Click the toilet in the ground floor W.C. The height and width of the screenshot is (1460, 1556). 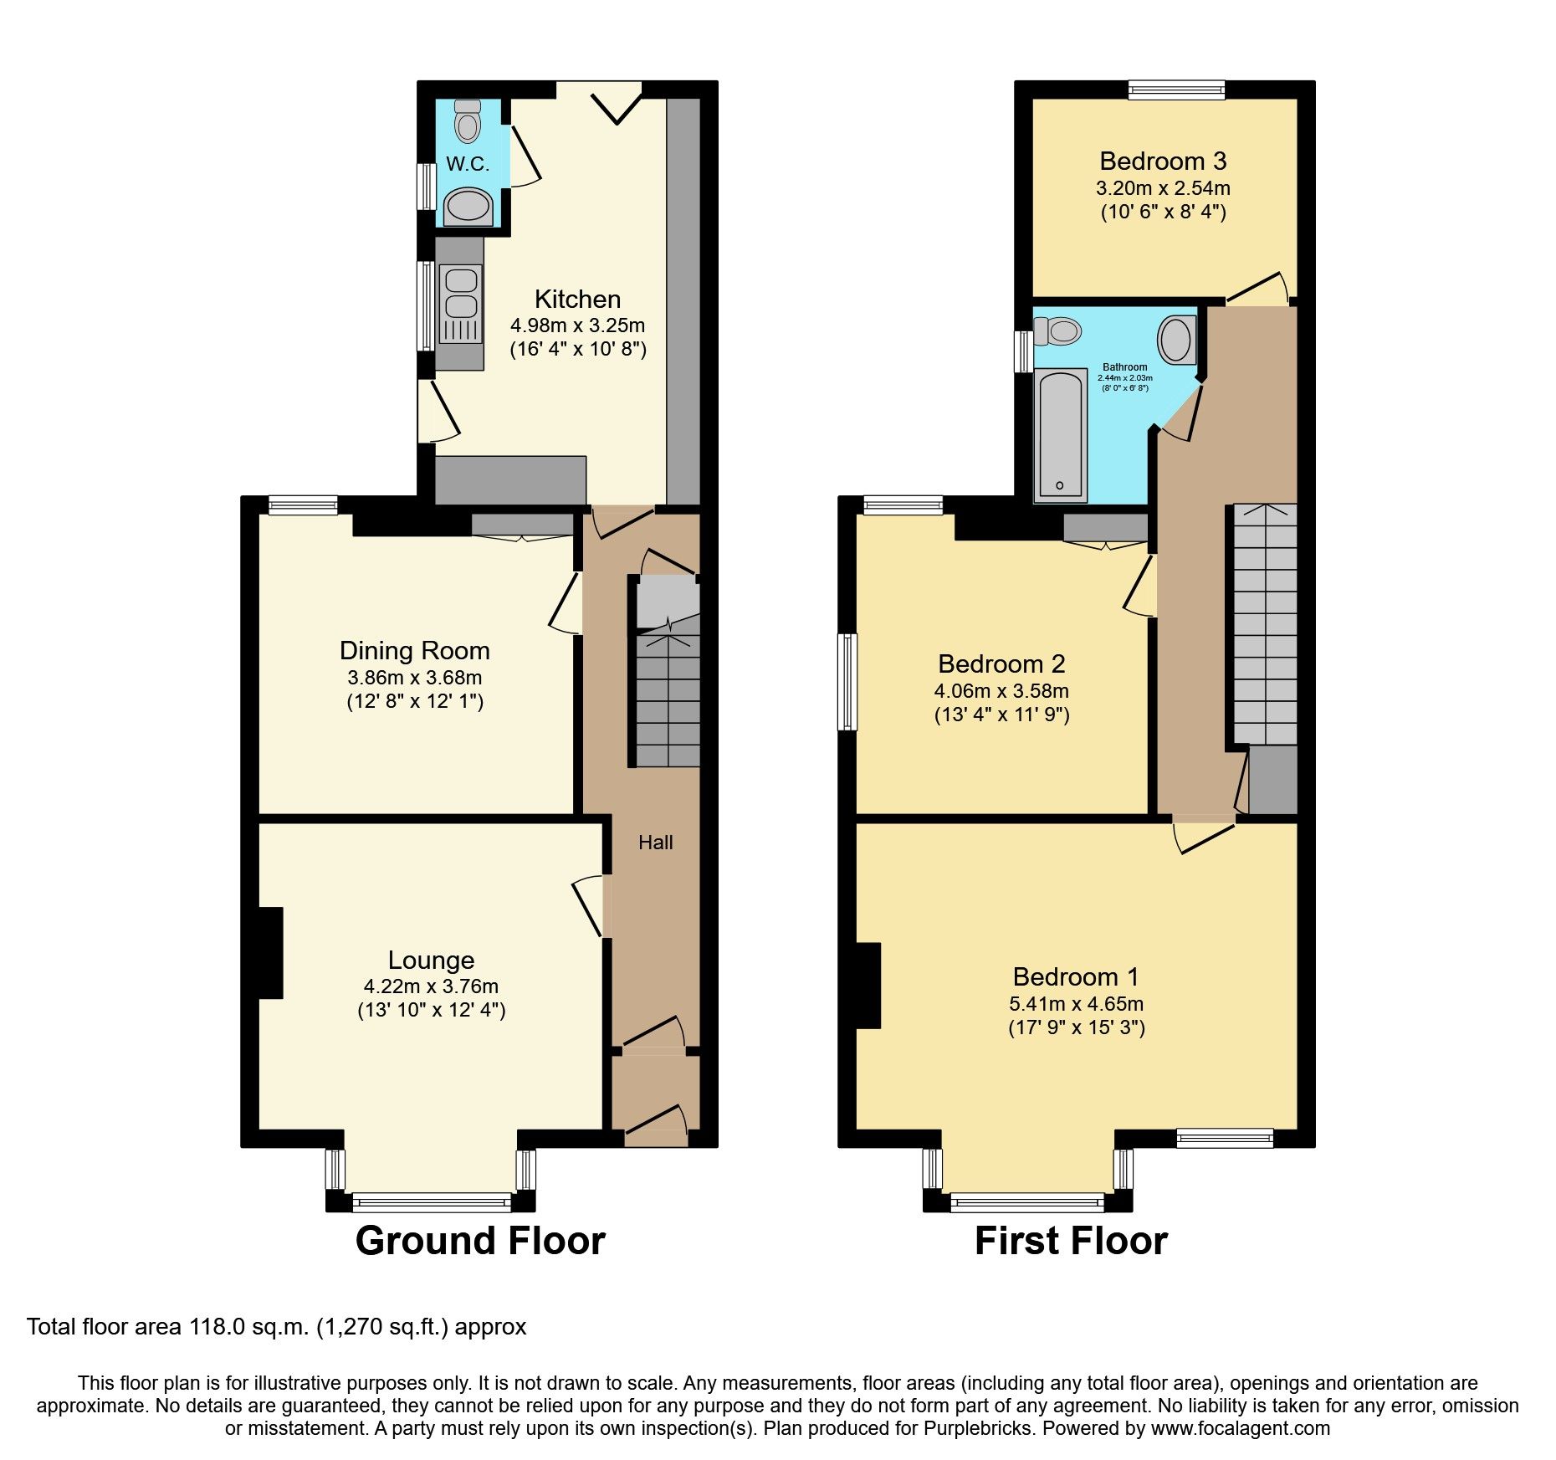[468, 122]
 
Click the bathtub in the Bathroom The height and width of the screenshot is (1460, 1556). [1060, 436]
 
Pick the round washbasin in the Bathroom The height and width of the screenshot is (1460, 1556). [1176, 340]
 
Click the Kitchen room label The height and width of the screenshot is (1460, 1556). [577, 299]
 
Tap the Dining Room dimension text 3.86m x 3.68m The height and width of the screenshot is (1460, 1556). [415, 678]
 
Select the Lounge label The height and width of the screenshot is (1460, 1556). [431, 960]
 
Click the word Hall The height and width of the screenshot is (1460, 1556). [655, 843]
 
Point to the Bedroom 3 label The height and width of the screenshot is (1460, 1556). [1163, 161]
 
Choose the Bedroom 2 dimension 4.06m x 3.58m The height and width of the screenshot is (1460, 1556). [1001, 691]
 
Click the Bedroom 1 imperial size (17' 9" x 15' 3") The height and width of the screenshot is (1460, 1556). [1076, 1027]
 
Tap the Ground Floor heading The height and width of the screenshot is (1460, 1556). [480, 1241]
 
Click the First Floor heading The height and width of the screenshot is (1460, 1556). [1071, 1241]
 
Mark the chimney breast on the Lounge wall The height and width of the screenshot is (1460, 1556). [270, 952]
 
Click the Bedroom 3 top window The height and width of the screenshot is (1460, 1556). [1176, 90]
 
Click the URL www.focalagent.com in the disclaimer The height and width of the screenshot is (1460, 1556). [1240, 1428]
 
